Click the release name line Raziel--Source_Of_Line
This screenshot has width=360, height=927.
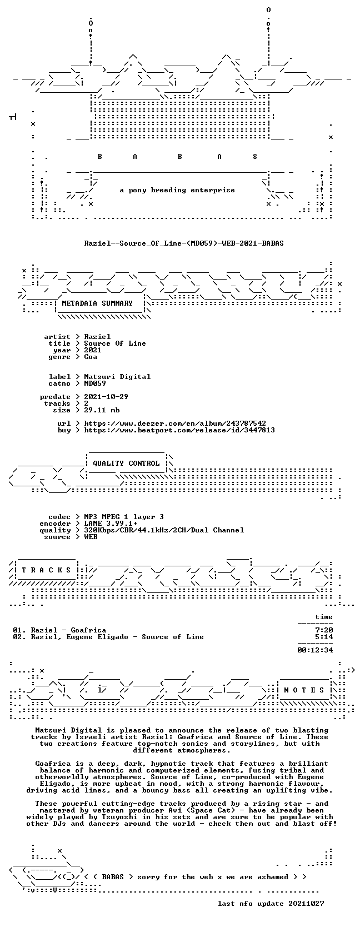tap(184, 243)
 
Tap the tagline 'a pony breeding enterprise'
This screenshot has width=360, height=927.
tap(177, 191)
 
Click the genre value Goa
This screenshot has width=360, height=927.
tap(91, 357)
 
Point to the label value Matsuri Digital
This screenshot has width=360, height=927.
tap(117, 377)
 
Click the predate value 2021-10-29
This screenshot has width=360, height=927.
tap(106, 397)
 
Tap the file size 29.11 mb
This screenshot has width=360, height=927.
tap(102, 410)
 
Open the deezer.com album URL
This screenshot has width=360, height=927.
tap(175, 423)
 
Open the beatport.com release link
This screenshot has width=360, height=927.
tap(179, 430)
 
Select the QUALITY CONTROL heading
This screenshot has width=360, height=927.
tap(126, 463)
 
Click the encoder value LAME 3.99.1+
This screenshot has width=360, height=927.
tap(111, 524)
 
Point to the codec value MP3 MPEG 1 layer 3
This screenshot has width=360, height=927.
tap(124, 517)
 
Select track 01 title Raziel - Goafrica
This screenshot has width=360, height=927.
tap(68, 630)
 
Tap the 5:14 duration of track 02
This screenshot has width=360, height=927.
tap(323, 637)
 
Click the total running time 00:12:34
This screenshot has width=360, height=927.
tap(315, 650)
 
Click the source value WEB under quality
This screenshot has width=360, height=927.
tap(91, 537)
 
